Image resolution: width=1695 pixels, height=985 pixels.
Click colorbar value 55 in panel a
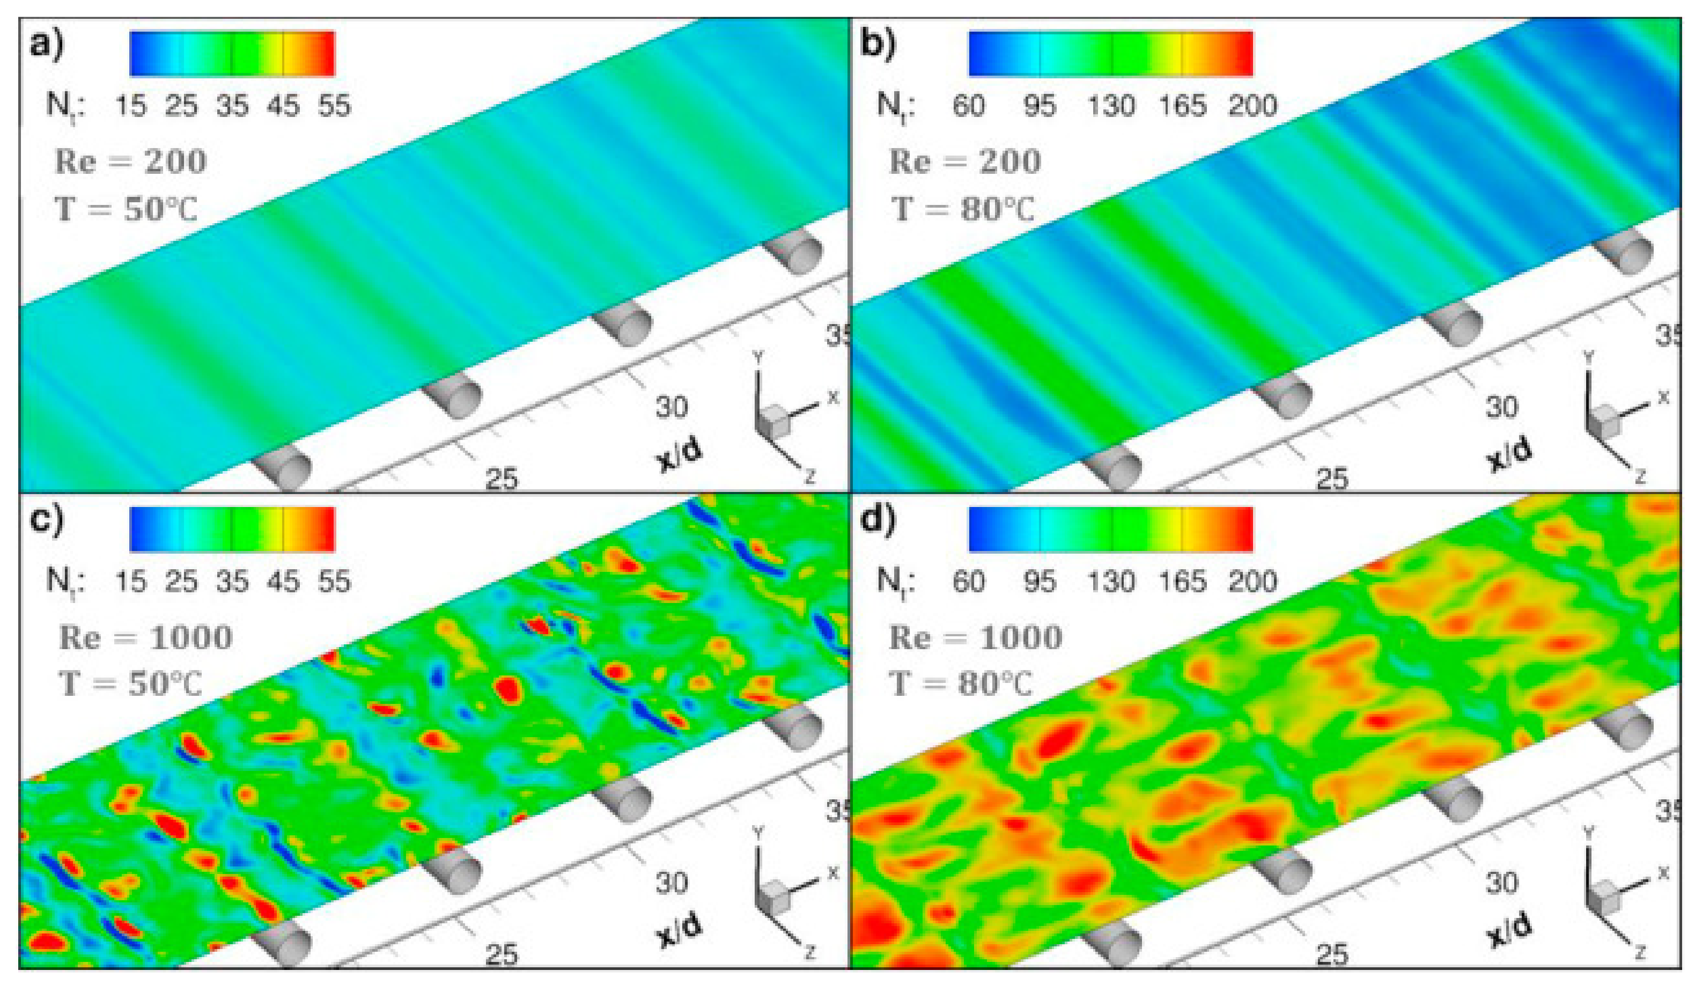tap(334, 106)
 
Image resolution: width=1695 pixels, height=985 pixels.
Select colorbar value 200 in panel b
tap(1252, 106)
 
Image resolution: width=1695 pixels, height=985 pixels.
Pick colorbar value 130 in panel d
tap(1111, 582)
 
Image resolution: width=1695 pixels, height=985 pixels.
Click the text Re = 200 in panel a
tap(130, 162)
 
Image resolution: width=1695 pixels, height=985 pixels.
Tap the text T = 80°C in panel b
tap(962, 209)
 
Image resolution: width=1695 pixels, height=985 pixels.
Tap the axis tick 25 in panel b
tap(1332, 479)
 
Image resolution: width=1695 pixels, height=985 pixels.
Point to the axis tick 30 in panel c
tap(671, 882)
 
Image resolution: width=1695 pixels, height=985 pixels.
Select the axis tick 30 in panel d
tap(1501, 882)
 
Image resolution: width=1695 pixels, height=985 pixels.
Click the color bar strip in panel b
tap(1110, 53)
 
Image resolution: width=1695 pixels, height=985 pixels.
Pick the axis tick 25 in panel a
tap(502, 479)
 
